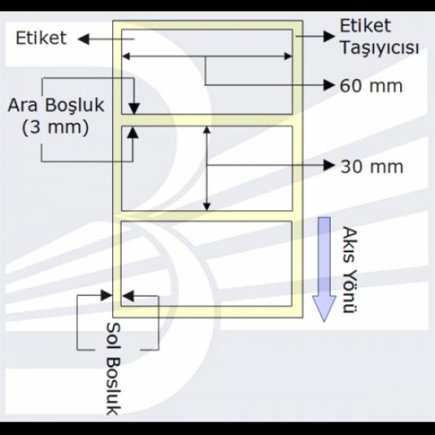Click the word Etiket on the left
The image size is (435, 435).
click(x=41, y=38)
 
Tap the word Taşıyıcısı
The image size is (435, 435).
click(x=379, y=47)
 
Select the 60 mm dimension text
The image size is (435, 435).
click(x=371, y=85)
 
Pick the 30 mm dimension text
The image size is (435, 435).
click(x=372, y=166)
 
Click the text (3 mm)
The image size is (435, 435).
click(x=55, y=127)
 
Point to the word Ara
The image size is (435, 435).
click(x=22, y=105)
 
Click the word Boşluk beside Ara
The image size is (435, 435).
click(x=74, y=105)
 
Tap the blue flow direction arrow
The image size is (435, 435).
click(x=324, y=270)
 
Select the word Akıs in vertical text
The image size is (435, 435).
click(x=349, y=244)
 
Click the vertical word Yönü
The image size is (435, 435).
click(x=350, y=291)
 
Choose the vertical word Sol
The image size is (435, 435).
click(x=113, y=335)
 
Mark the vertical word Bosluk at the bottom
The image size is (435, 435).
click(x=114, y=386)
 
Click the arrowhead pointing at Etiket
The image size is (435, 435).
click(x=84, y=39)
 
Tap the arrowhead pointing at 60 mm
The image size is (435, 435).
click(x=329, y=85)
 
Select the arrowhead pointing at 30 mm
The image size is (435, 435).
click(x=329, y=165)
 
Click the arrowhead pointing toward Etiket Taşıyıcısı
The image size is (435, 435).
click(x=329, y=36)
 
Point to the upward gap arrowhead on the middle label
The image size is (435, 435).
click(x=133, y=132)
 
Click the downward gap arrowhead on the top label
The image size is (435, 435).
click(x=134, y=108)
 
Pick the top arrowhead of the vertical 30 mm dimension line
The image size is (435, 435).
click(x=207, y=130)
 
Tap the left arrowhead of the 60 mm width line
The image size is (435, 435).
click(x=126, y=56)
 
